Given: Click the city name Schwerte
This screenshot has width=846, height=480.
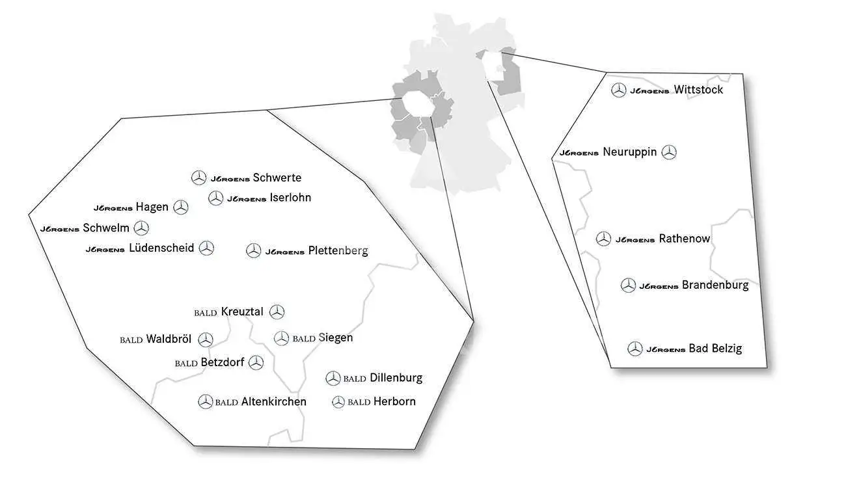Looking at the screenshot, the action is [x=277, y=178].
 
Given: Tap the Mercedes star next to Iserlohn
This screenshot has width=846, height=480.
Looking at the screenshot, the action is [x=215, y=198].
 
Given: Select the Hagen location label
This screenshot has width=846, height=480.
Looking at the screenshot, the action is [x=152, y=207].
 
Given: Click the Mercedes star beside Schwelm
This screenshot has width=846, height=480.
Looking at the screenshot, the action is [x=142, y=228].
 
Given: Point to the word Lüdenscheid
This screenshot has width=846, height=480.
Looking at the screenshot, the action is [x=161, y=248].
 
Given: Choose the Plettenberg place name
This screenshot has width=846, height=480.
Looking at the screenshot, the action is [x=338, y=251].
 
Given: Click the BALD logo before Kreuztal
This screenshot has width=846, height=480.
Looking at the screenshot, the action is [x=206, y=313].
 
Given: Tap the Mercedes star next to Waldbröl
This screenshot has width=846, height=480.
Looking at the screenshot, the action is [x=206, y=340].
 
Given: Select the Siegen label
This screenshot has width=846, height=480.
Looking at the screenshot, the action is [x=336, y=338].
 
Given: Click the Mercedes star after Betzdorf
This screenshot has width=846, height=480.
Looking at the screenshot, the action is [x=256, y=363].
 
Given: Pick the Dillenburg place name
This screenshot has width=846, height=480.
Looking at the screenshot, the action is [x=396, y=378].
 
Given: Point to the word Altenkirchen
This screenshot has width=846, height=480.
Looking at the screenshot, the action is [x=274, y=401].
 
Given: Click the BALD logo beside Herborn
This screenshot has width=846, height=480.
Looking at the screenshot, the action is [x=359, y=402].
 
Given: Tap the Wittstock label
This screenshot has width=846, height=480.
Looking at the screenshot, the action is [x=699, y=90].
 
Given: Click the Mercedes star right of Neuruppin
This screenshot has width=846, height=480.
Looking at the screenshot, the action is [x=669, y=152].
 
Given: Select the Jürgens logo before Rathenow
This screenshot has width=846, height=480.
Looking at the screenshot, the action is [x=635, y=240].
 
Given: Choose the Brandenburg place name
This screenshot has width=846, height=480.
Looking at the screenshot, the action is [x=715, y=286].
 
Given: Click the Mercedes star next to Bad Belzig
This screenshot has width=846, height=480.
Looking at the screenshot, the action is [x=635, y=349].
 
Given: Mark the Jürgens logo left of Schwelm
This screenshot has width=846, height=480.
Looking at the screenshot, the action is [x=60, y=229].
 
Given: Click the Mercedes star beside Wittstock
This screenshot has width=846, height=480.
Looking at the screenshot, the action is [x=619, y=90].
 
